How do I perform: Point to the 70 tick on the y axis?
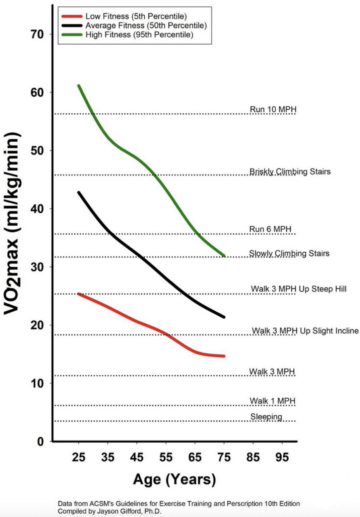(37, 34)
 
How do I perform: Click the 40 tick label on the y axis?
(37, 209)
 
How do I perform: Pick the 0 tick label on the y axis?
(41, 442)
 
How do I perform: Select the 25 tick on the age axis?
(79, 457)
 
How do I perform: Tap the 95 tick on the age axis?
(282, 457)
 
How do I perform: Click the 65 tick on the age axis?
(195, 457)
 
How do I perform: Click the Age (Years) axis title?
(175, 479)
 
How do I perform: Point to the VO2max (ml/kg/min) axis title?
(12, 223)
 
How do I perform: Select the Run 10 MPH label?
(273, 109)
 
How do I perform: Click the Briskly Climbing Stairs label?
(290, 172)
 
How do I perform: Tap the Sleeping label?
(266, 417)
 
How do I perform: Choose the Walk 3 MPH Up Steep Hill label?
(298, 289)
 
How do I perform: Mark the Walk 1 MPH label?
(272, 401)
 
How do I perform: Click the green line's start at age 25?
(79, 86)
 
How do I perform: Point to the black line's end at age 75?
(224, 317)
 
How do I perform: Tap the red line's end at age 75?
(224, 356)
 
